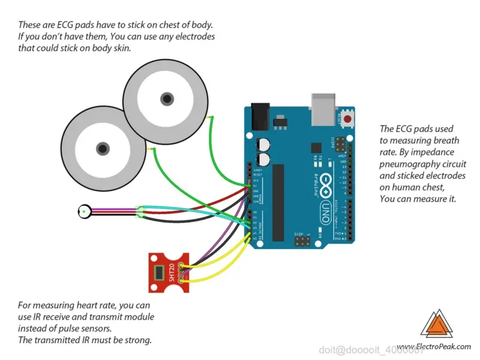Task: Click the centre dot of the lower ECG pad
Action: point(103,148)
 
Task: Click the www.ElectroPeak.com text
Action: point(434,346)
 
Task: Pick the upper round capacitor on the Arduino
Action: point(264,145)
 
